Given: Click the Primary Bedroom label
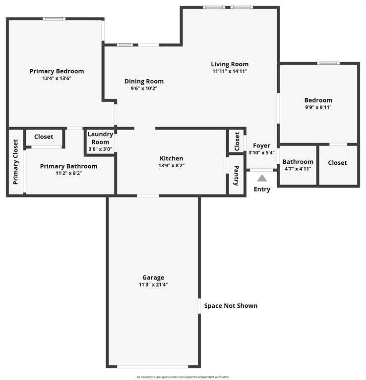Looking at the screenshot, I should click(x=57, y=71).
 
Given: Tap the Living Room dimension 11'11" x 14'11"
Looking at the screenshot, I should click(x=230, y=71).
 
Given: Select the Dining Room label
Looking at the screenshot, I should click(x=144, y=81).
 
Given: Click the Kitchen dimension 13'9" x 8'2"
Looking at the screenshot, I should click(x=171, y=165).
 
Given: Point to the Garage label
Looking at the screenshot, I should click(x=153, y=278).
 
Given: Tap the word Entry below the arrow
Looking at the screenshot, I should click(x=262, y=189).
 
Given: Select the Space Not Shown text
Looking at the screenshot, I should click(x=231, y=306).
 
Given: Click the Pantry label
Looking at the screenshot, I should click(x=236, y=176).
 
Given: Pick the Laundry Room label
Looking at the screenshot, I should click(x=100, y=138).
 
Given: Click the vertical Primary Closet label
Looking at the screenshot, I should click(x=15, y=162).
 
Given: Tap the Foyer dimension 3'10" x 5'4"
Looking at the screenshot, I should click(x=261, y=152).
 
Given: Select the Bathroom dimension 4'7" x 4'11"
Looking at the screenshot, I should click(x=298, y=169).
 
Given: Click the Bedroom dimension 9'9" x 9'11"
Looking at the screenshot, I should click(x=318, y=107).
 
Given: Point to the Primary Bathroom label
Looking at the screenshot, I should click(x=68, y=166).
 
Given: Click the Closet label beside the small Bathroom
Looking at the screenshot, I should click(x=337, y=162).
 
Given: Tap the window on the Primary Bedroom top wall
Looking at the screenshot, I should click(x=54, y=19).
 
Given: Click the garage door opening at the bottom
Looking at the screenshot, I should click(x=153, y=367).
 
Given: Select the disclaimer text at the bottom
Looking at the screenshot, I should click(x=183, y=377).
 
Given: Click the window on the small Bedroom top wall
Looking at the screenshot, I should click(x=328, y=63).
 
